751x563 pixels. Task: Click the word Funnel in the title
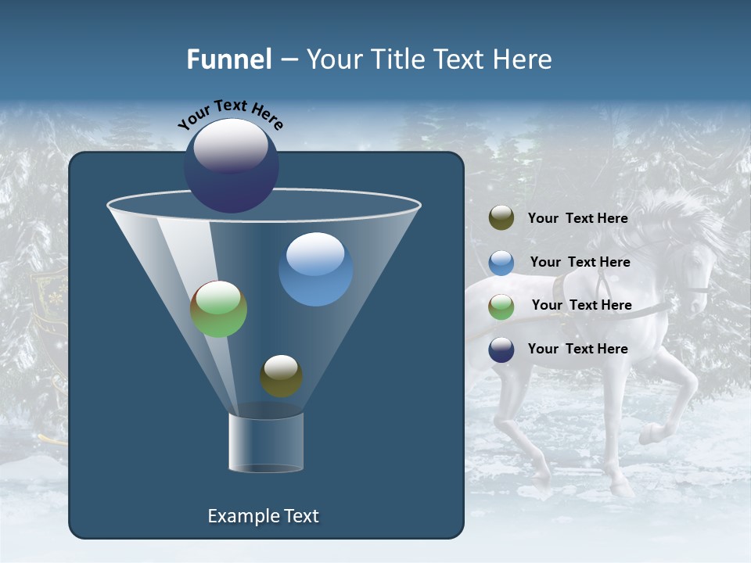point(229,59)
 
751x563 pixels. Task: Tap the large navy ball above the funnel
point(231,165)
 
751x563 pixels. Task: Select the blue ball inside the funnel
point(315,269)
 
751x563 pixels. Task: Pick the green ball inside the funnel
point(218,309)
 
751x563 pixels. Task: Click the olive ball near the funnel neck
point(281,376)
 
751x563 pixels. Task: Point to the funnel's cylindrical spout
point(266,443)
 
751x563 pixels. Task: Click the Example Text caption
point(263,516)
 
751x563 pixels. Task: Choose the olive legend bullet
point(501,218)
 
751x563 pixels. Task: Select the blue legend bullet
point(501,263)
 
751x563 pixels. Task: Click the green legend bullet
point(501,307)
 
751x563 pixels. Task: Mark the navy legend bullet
point(501,350)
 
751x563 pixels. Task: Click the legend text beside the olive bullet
point(577,219)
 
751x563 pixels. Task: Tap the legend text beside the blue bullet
point(580,263)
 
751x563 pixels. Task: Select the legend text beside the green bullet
point(581,306)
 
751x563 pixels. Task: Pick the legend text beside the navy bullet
point(577,349)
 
